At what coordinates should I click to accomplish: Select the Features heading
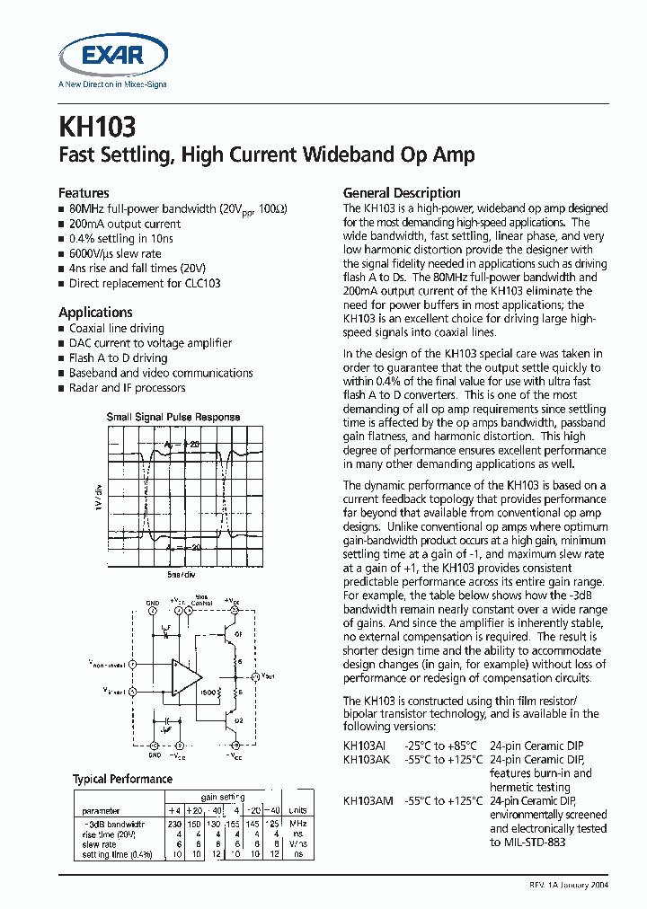[x=84, y=192]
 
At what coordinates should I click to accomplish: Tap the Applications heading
[x=95, y=312]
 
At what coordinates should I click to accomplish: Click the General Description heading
[x=402, y=192]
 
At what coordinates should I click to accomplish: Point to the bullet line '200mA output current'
[x=125, y=224]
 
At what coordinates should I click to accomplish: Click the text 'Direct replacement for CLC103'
[x=144, y=283]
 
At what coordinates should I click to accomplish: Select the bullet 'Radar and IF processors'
[x=127, y=388]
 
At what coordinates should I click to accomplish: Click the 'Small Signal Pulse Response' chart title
[x=173, y=417]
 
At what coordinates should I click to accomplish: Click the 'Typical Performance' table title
[x=122, y=779]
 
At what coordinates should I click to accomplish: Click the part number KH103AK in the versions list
[x=367, y=759]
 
